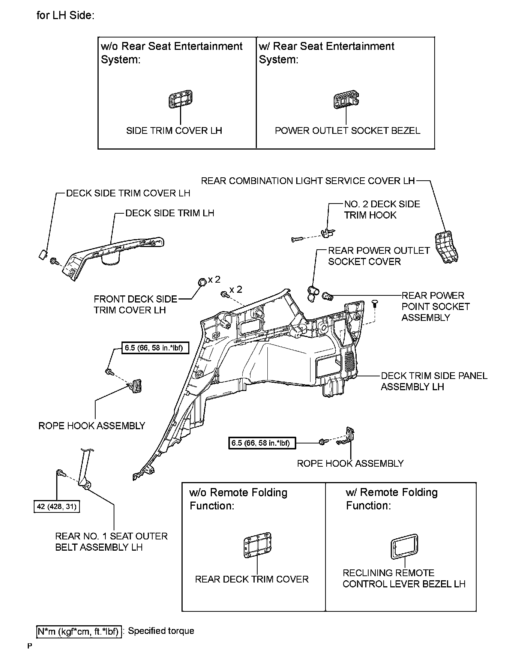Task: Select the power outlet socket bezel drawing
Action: point(346,100)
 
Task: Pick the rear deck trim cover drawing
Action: point(257,544)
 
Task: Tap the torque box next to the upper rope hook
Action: point(155,348)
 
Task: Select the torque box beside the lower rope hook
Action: point(262,443)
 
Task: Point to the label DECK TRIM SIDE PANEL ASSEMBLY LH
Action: point(434,381)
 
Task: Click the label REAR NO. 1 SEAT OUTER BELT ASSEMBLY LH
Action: point(111,541)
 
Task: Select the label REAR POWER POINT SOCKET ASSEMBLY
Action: point(435,306)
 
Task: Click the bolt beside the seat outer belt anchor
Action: point(60,474)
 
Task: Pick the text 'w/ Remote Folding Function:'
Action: point(391,499)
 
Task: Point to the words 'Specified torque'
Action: point(161,631)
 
